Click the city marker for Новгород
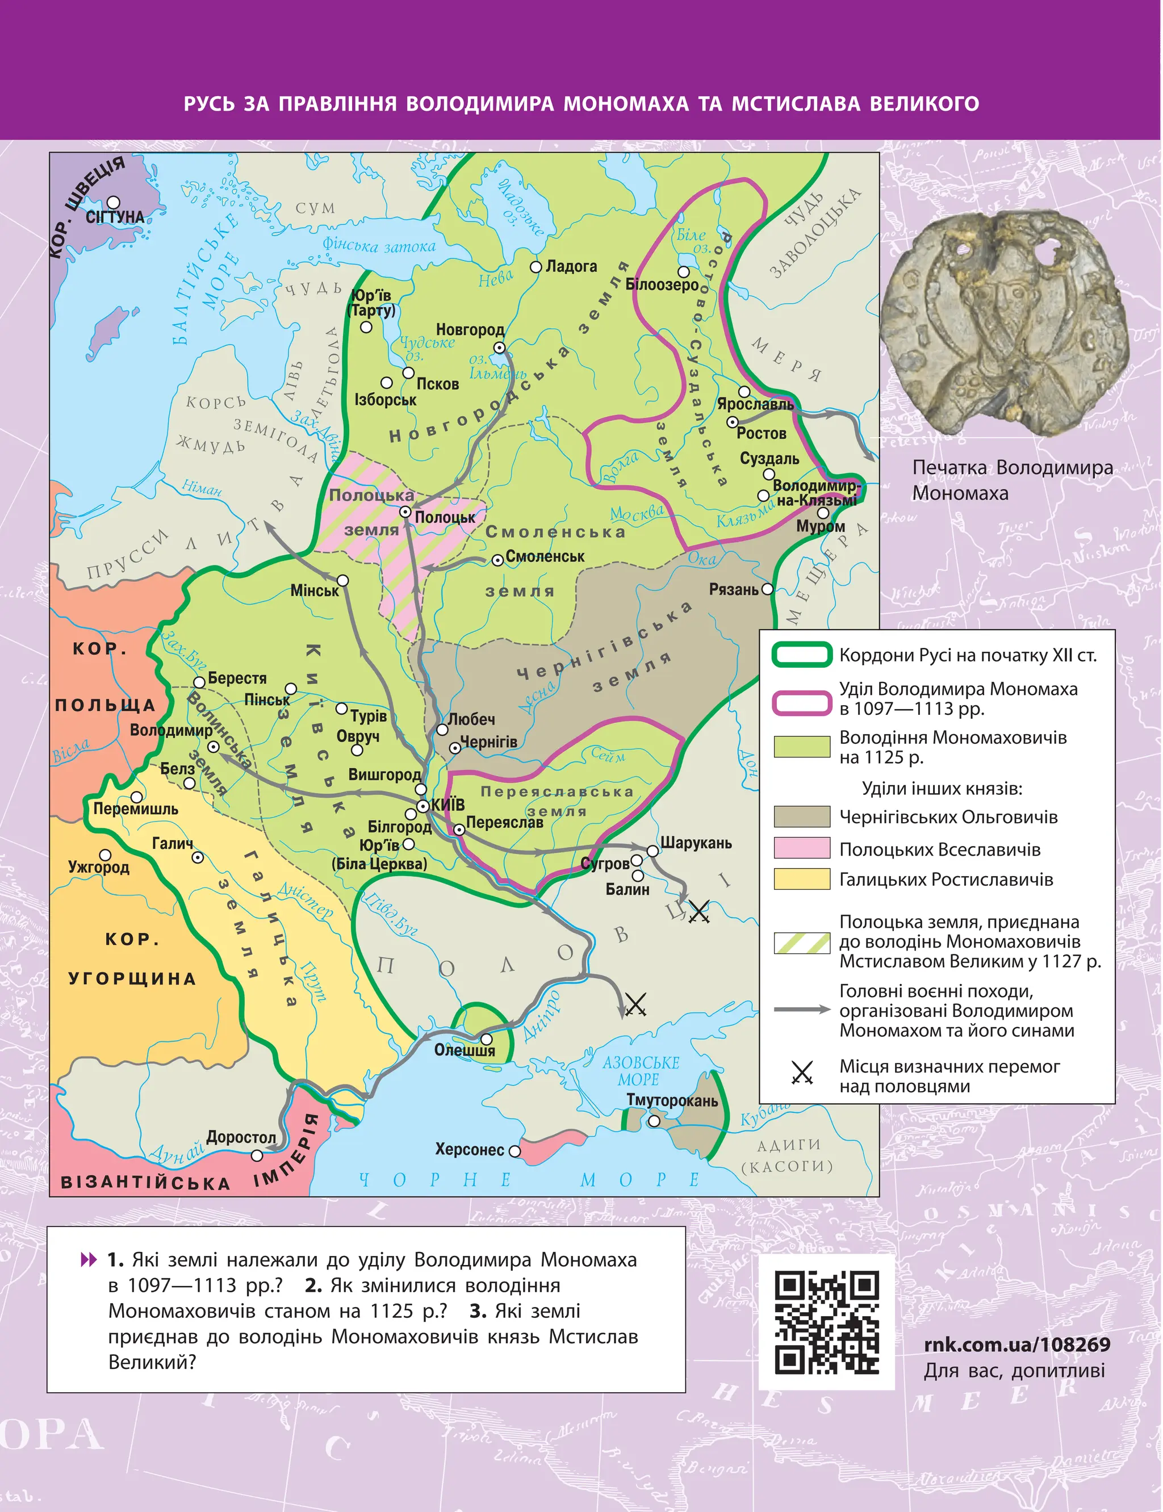[499, 347]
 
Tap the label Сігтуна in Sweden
[115, 217]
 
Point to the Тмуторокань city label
[671, 1100]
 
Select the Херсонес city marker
[514, 1151]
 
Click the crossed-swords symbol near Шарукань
[698, 911]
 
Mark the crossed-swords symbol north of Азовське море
[635, 1004]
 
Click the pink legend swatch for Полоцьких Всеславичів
[802, 848]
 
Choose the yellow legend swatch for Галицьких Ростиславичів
[802, 879]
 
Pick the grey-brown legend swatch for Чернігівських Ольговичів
[802, 816]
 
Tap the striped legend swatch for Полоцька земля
[802, 943]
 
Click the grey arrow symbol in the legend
[802, 1010]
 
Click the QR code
[827, 1322]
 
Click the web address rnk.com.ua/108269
[1017, 1344]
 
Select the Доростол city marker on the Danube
[257, 1155]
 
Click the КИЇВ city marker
[423, 806]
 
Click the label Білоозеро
[662, 284]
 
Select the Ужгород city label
[98, 868]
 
